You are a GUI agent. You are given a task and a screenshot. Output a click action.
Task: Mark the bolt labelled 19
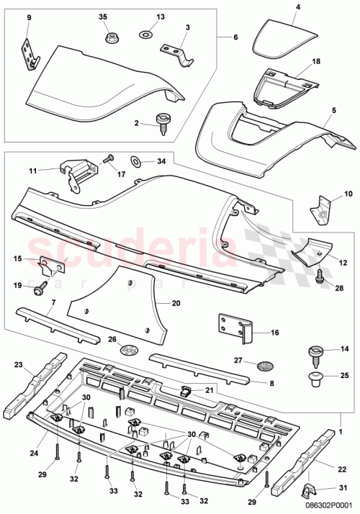pos(38,289)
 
